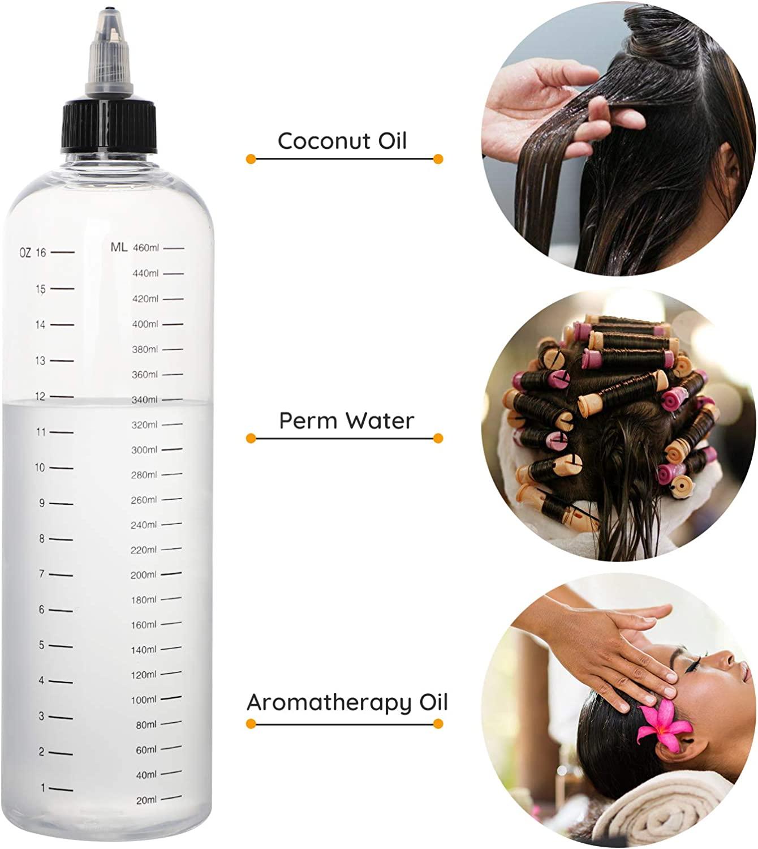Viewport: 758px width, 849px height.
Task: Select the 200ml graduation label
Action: (x=144, y=575)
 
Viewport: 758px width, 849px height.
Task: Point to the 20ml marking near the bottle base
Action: (x=146, y=800)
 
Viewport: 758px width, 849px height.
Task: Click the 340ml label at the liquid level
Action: (x=145, y=400)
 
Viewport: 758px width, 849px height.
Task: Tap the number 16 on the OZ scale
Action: (x=41, y=252)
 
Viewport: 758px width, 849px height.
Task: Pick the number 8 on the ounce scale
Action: (x=41, y=539)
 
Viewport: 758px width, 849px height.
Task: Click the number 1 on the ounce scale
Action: (x=43, y=788)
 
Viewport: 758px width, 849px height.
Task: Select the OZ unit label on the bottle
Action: (x=25, y=252)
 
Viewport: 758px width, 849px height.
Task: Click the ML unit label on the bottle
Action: (x=119, y=247)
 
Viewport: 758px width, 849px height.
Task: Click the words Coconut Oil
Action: (x=342, y=141)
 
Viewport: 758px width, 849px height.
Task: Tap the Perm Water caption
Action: (x=346, y=421)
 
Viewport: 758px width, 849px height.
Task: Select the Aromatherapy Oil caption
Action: (x=347, y=702)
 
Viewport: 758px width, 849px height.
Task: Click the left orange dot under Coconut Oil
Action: (x=251, y=159)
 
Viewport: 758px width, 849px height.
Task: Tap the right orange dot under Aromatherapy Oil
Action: (x=438, y=723)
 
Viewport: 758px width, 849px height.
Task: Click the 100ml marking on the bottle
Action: (x=144, y=700)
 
